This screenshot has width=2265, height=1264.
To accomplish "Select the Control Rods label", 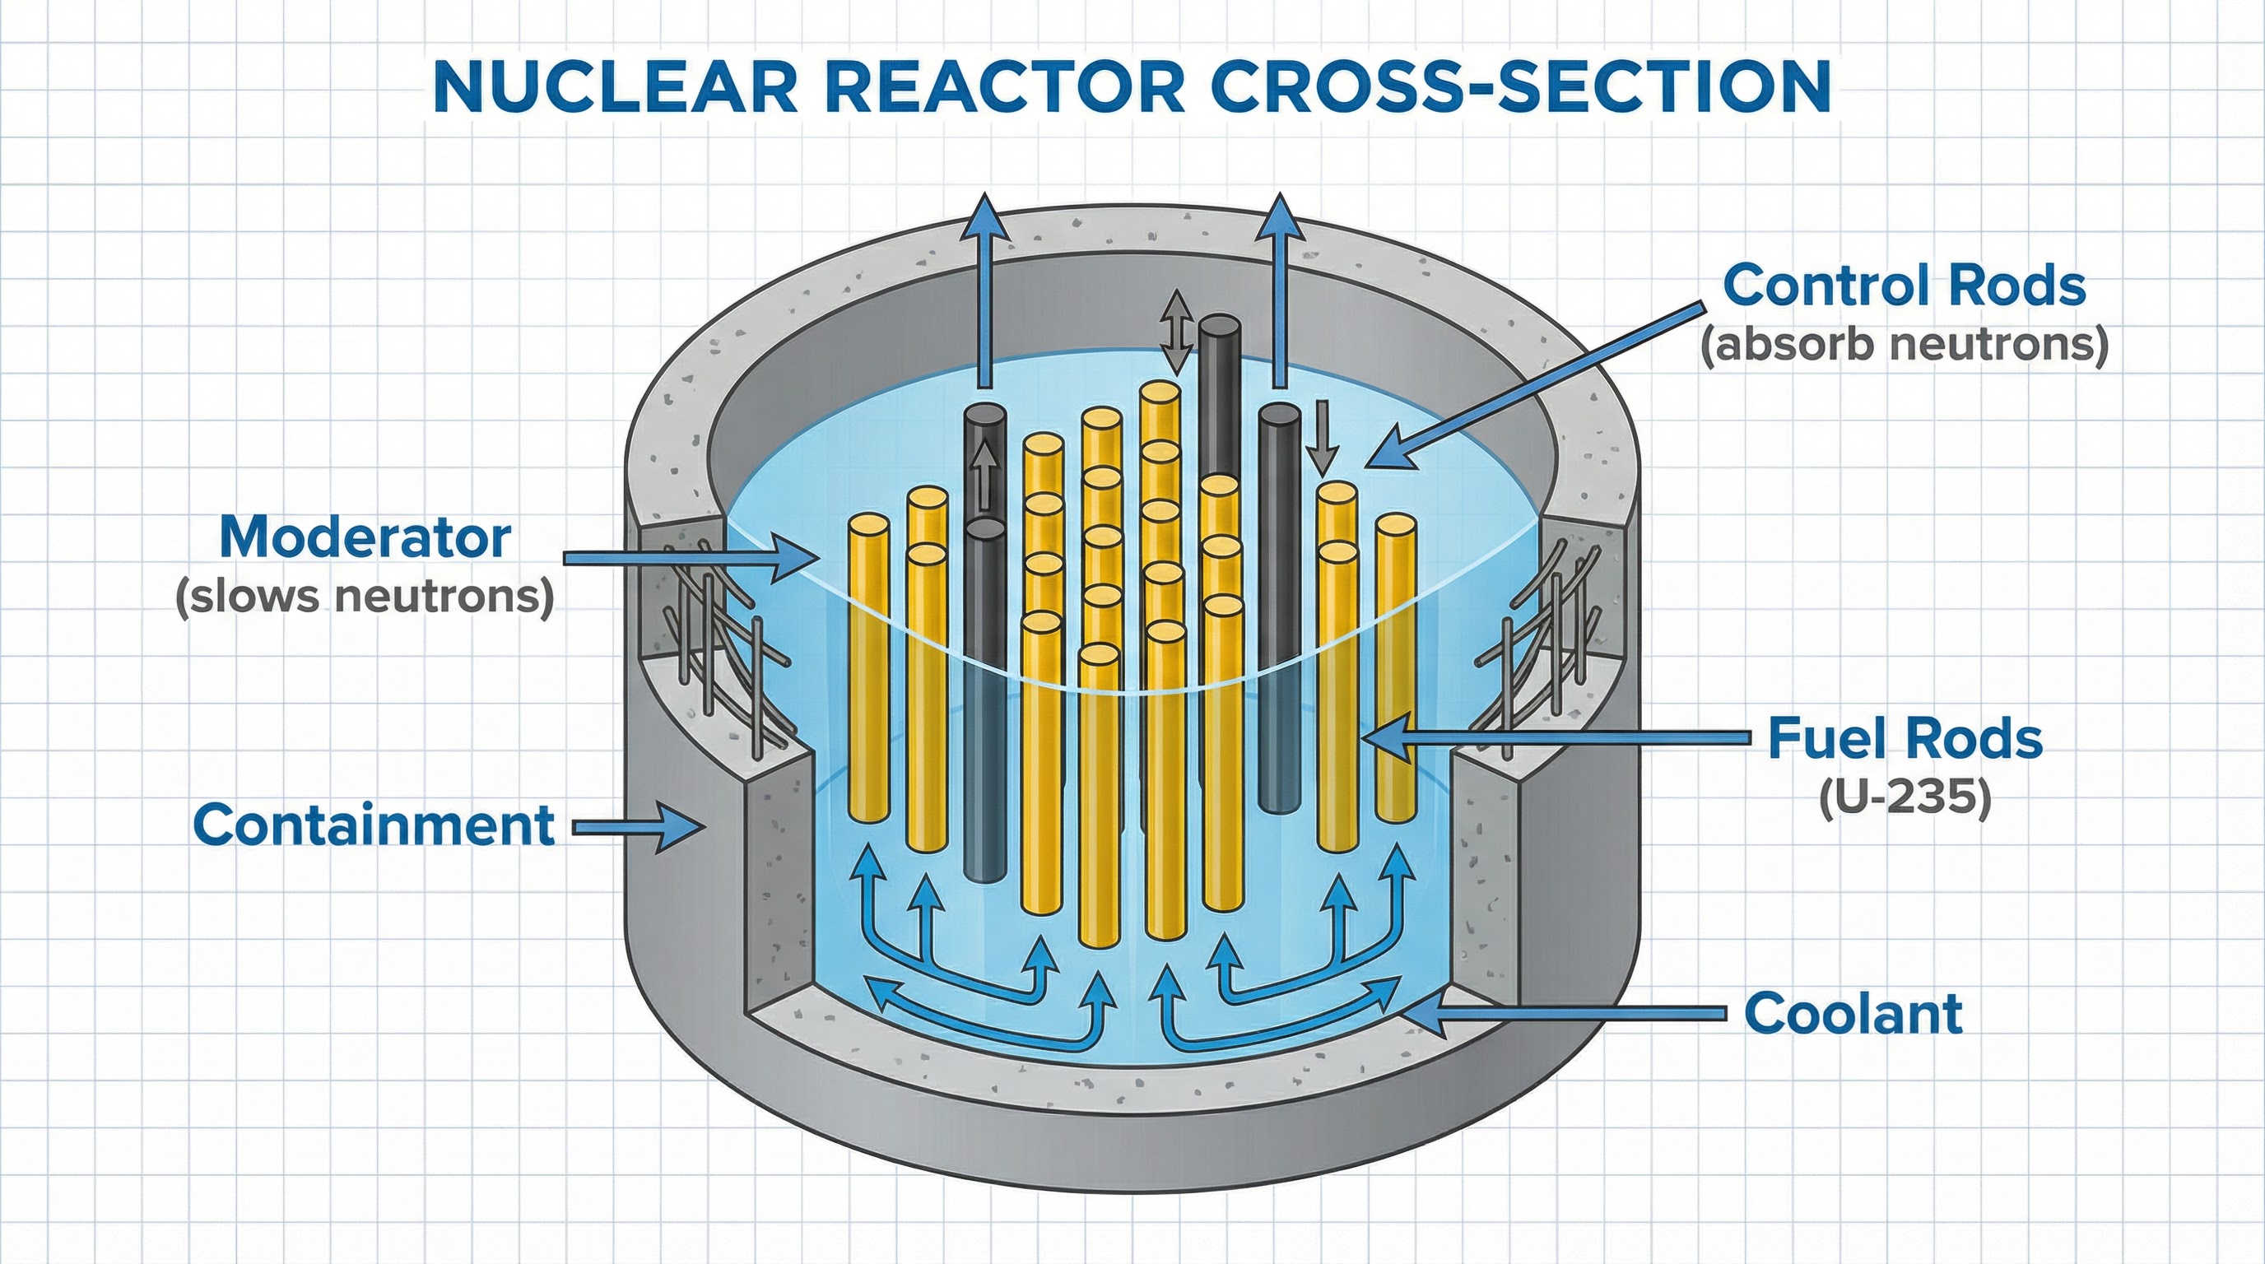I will point(1904,286).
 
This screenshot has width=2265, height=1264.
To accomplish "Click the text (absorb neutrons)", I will point(1904,345).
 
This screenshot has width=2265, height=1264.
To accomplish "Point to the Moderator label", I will point(365,537).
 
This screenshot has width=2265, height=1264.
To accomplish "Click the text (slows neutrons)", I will point(365,597).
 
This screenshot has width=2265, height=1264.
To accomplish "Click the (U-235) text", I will point(1905,798).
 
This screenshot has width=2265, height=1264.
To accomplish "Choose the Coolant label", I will point(1853,1014).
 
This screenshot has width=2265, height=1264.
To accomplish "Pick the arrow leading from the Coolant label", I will point(1565,1014).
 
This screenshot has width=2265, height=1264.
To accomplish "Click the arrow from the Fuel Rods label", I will point(1556,737).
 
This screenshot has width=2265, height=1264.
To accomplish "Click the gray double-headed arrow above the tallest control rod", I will point(1176,332).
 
